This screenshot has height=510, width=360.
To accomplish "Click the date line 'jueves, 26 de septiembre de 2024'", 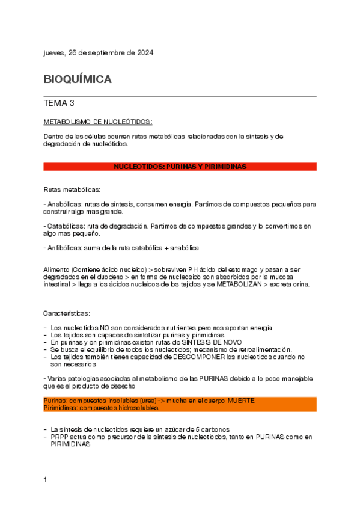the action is pos(99,53).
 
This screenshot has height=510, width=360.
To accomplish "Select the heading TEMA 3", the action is pos(59,103).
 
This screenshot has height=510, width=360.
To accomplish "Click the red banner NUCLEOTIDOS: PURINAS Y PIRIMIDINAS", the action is pos(180,167).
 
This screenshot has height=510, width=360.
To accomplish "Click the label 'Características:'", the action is pos(67,313).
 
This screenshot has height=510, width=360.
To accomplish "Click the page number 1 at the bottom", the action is pos(46,479).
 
